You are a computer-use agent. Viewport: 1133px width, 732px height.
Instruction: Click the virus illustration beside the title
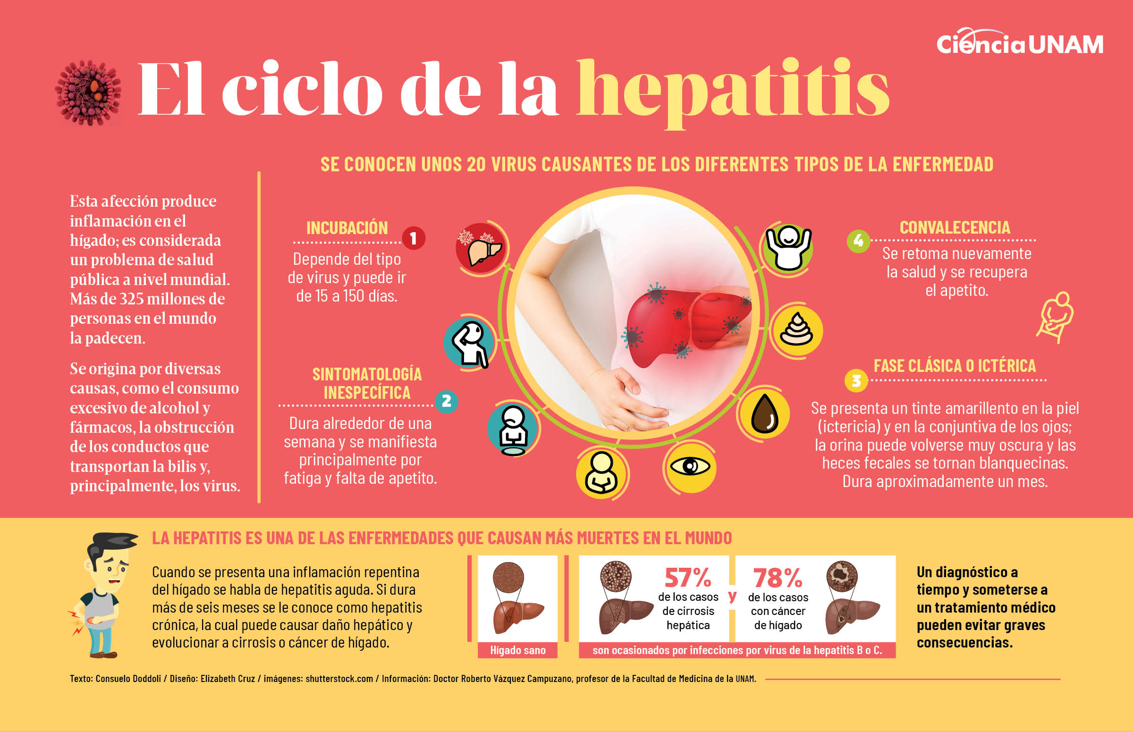88,93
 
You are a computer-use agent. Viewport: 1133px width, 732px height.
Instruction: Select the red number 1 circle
413,238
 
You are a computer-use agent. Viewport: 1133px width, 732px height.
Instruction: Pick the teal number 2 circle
446,401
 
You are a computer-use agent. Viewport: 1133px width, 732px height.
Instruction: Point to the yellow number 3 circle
856,381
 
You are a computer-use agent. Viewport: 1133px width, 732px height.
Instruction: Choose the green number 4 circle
858,241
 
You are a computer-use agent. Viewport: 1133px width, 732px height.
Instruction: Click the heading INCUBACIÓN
347,228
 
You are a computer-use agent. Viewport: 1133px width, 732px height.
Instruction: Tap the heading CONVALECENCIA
955,227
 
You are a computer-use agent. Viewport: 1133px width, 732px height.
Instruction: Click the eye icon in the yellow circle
689,466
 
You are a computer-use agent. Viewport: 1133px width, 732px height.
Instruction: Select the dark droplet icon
764,413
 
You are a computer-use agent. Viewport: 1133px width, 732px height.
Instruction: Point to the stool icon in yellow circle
796,330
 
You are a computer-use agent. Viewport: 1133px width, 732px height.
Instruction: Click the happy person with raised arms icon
788,248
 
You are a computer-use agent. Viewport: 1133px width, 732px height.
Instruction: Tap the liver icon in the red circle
481,248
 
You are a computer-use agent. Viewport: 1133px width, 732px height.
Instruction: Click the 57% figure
687,578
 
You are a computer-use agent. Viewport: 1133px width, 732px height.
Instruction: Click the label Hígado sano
518,650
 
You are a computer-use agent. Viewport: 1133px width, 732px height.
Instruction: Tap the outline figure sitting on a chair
1057,318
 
